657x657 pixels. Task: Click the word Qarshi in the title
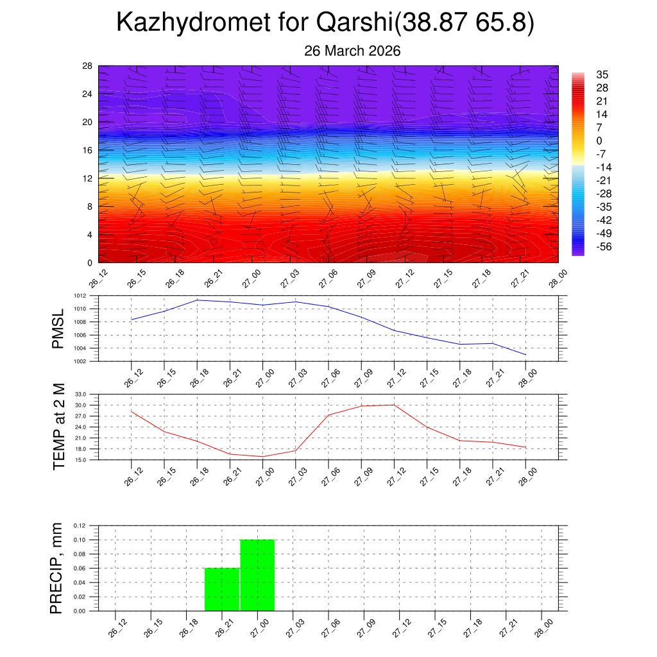(x=354, y=23)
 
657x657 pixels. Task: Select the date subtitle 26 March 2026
(x=352, y=51)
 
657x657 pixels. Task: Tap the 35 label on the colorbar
(x=602, y=74)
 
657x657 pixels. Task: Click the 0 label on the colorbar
(x=599, y=141)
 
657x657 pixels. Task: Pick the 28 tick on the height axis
(x=88, y=66)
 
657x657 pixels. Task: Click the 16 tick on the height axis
(x=88, y=150)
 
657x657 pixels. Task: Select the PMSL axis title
(x=58, y=329)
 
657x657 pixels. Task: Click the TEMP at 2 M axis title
(x=60, y=427)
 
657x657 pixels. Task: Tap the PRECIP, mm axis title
(x=57, y=568)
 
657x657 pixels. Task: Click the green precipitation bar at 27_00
(x=257, y=575)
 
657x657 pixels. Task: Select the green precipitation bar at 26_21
(x=222, y=589)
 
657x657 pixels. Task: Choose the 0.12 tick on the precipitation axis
(x=79, y=525)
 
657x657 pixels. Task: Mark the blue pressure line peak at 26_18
(x=197, y=300)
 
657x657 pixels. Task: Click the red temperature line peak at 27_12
(x=394, y=405)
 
